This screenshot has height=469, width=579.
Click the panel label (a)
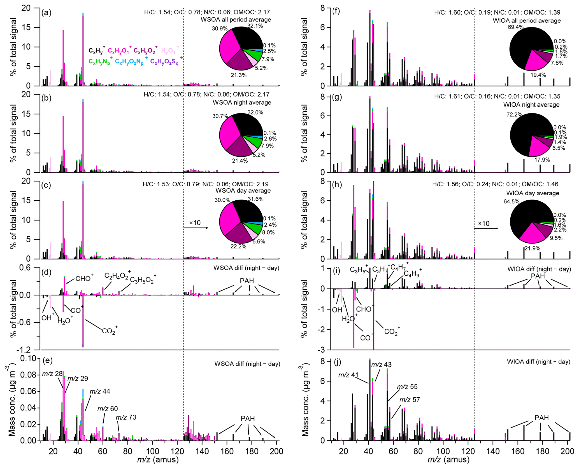[46, 13]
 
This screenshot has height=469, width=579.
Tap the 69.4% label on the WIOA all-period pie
[515, 27]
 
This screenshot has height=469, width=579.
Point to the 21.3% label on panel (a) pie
[239, 75]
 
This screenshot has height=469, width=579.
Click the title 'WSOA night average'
[242, 102]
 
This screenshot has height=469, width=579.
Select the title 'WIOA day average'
[533, 193]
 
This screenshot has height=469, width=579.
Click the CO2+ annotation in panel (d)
[110, 331]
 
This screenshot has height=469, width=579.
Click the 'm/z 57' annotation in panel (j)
[410, 400]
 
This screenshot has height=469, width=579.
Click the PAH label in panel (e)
[248, 418]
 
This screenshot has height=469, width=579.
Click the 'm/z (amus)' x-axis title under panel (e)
[158, 459]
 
